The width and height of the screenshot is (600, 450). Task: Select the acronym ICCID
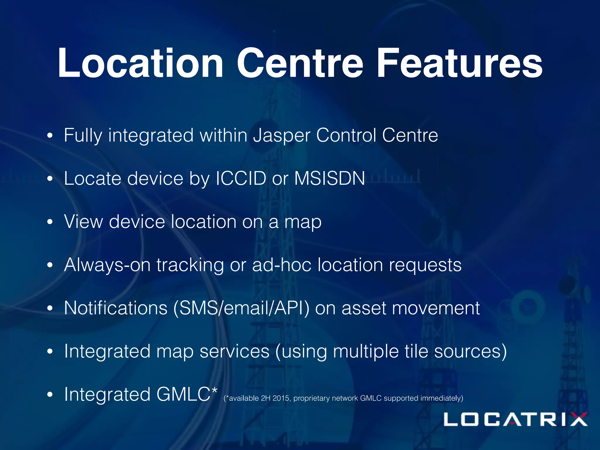pyautogui.click(x=241, y=178)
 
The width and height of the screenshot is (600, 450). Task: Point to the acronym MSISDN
pyautogui.click(x=330, y=178)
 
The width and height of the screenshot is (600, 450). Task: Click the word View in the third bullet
pyautogui.click(x=83, y=221)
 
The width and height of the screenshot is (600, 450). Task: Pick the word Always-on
pyautogui.click(x=107, y=265)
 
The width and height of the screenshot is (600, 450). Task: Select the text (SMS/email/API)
pyautogui.click(x=241, y=308)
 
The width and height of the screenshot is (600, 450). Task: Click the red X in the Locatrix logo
pyautogui.click(x=576, y=419)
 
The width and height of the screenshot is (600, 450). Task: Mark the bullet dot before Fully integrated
pyautogui.click(x=50, y=136)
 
